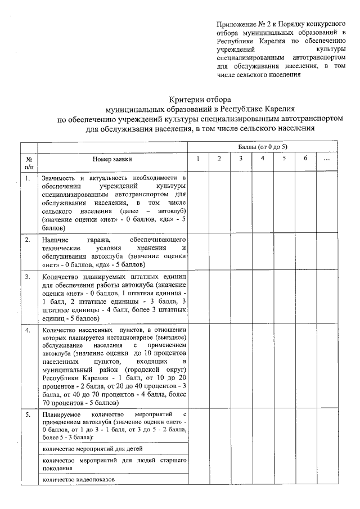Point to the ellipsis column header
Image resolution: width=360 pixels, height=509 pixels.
point(327,159)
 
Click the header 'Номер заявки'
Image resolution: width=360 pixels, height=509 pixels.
point(111,159)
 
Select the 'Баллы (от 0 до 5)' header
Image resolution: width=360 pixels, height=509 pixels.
point(262,146)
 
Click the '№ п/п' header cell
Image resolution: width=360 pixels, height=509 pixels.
point(29,162)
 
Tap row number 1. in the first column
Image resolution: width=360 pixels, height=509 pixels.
point(28,178)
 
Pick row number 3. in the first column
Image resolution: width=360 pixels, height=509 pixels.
point(28,276)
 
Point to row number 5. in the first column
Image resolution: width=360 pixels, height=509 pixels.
point(28,414)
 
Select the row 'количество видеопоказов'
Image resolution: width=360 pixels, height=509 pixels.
point(78,479)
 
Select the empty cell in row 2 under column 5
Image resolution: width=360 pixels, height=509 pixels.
point(284,252)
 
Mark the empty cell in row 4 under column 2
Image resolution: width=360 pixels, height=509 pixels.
point(219,365)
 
